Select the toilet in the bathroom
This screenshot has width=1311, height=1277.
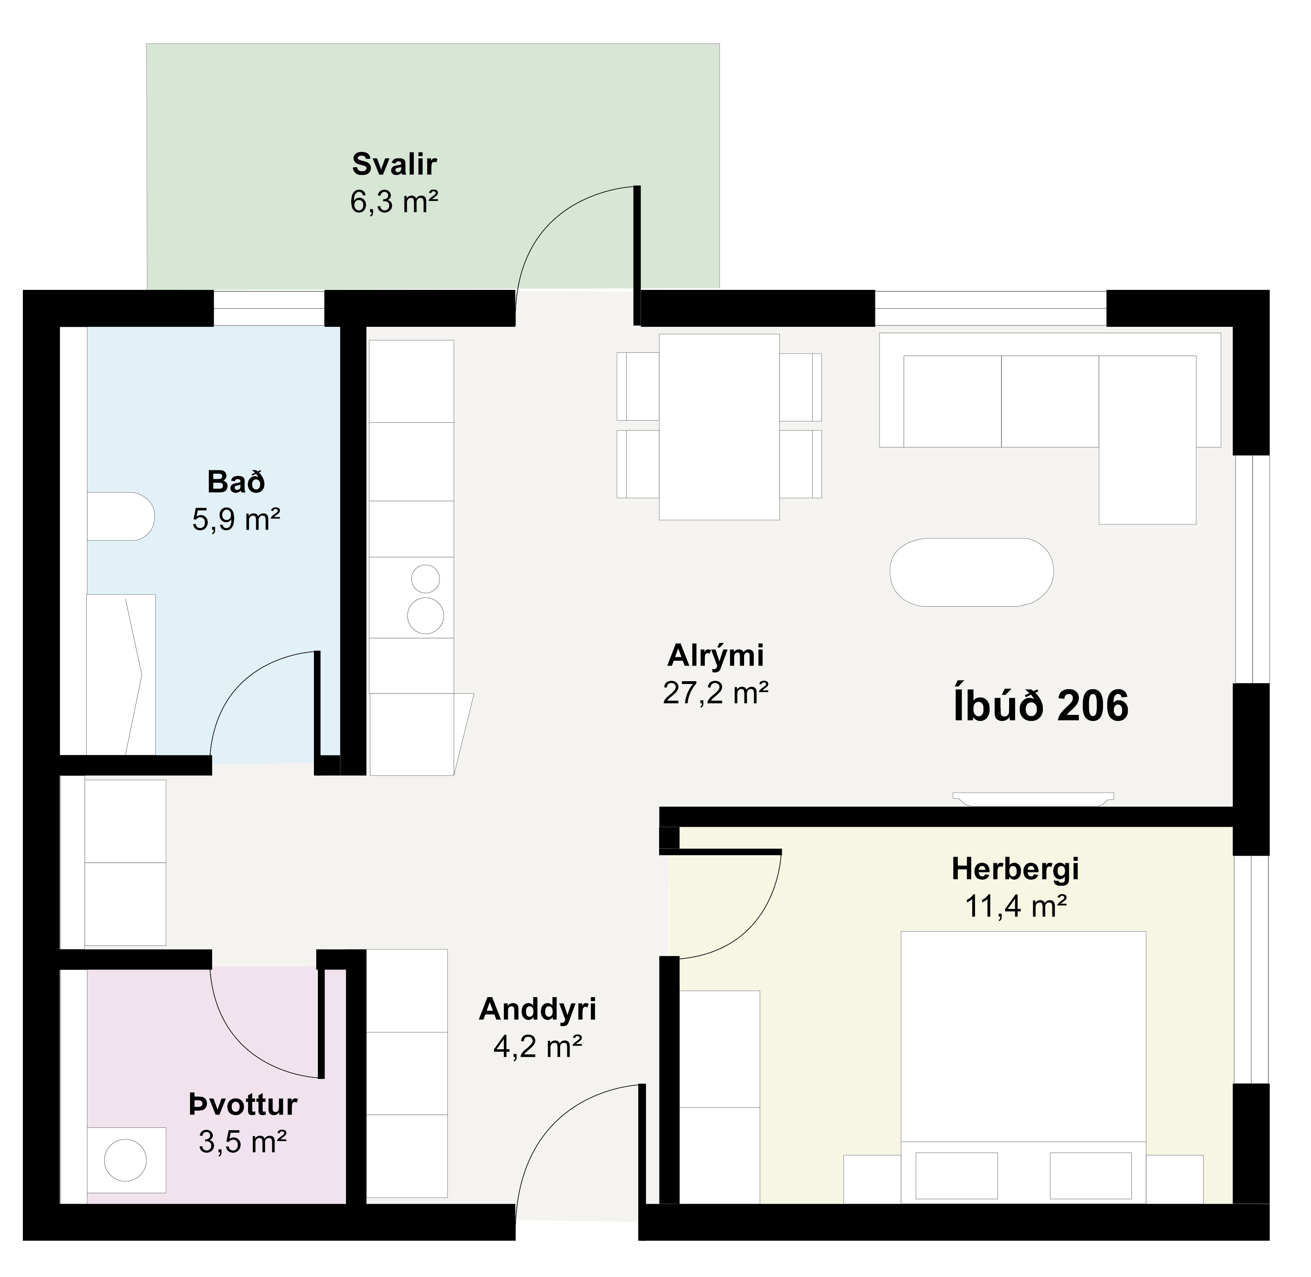(x=121, y=516)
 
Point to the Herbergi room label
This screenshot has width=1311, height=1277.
(x=1015, y=869)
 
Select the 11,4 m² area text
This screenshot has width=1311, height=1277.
(x=1015, y=906)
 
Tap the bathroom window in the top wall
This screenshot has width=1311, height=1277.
(x=269, y=308)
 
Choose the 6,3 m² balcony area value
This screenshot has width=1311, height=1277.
(x=395, y=201)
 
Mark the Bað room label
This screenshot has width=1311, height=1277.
(x=236, y=482)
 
